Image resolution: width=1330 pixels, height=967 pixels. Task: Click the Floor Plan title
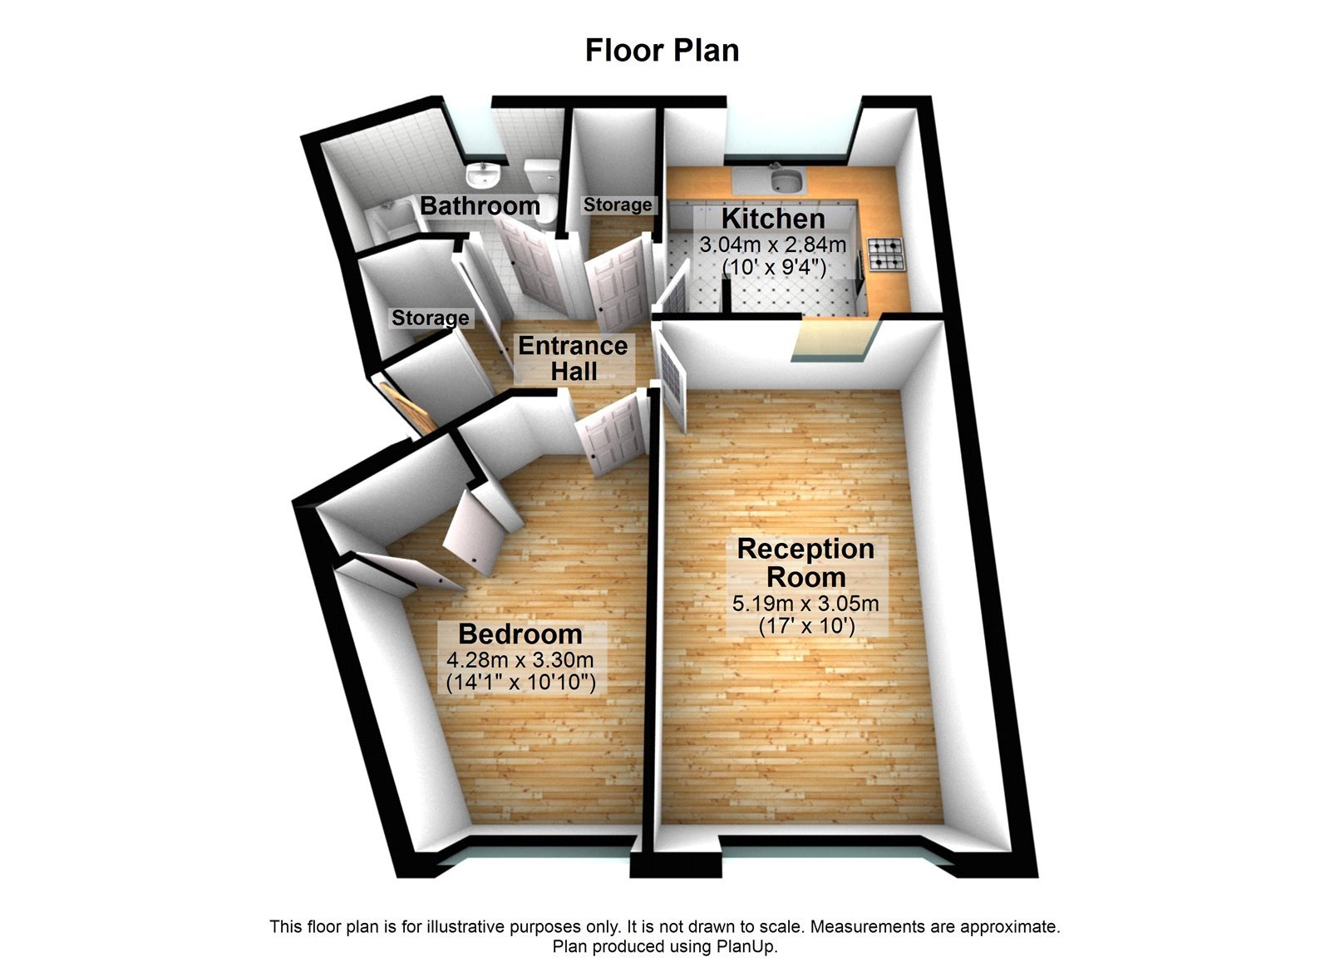[x=662, y=50]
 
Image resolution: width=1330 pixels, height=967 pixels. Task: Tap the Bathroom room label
[x=480, y=205]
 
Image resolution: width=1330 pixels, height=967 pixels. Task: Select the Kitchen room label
[x=773, y=219]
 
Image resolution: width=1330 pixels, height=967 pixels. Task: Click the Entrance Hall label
[x=574, y=358]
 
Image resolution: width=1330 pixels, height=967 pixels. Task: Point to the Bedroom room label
[x=520, y=634]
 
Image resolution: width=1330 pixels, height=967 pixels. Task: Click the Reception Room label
[x=805, y=563]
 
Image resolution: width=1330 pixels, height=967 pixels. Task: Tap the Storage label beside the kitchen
[x=618, y=205]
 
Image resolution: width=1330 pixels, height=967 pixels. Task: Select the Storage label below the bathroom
[x=430, y=318]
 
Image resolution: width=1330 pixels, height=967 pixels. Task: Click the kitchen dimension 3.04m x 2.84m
[x=773, y=245]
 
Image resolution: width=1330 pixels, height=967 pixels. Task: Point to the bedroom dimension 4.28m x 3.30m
[x=520, y=661]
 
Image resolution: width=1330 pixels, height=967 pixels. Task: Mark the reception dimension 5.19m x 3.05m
[x=805, y=604]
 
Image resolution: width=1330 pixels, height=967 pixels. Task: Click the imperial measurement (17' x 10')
[x=806, y=625]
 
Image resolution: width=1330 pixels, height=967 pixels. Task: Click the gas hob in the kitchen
[x=886, y=254]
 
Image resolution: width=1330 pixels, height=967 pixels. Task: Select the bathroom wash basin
[x=481, y=175]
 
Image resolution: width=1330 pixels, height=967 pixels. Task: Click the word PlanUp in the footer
[x=746, y=946]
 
